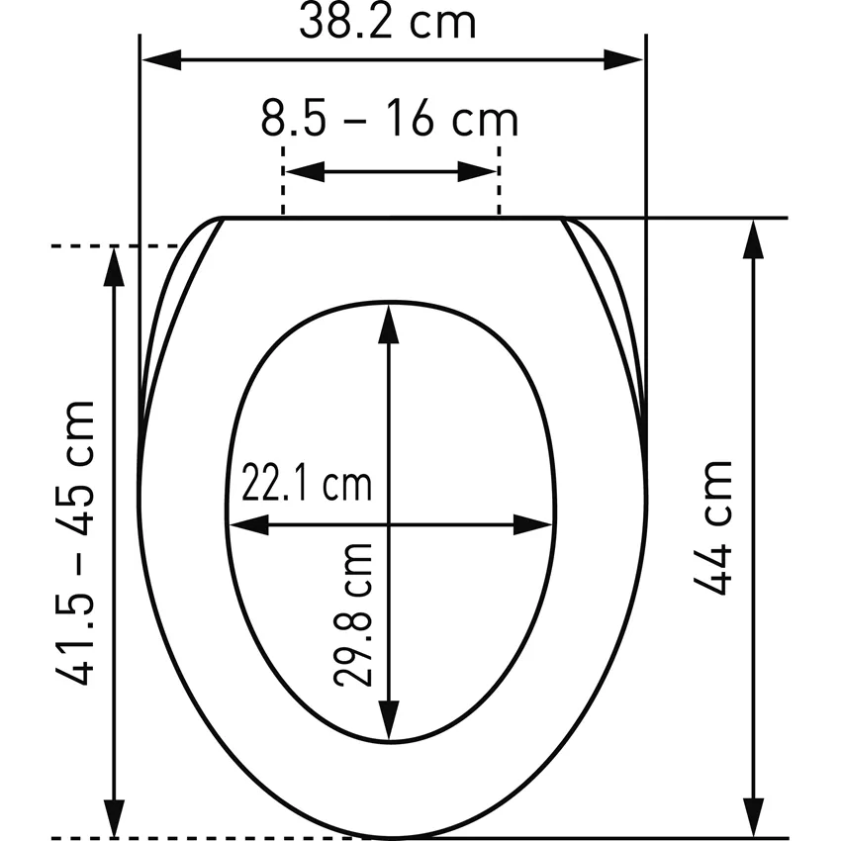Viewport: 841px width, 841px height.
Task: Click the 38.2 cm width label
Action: (387, 23)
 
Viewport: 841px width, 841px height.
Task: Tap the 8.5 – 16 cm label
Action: (390, 119)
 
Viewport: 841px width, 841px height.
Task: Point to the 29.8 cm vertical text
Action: (353, 615)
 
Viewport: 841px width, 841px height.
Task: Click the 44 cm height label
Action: (713, 527)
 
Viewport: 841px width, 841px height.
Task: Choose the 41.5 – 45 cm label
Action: (75, 542)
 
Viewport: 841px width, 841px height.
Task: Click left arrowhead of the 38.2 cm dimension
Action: (161, 59)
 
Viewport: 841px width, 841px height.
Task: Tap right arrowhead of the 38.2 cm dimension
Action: (623, 59)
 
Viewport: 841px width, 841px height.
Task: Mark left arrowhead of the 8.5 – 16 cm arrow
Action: (305, 171)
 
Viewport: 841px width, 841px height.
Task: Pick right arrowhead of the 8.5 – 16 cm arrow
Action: (477, 171)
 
